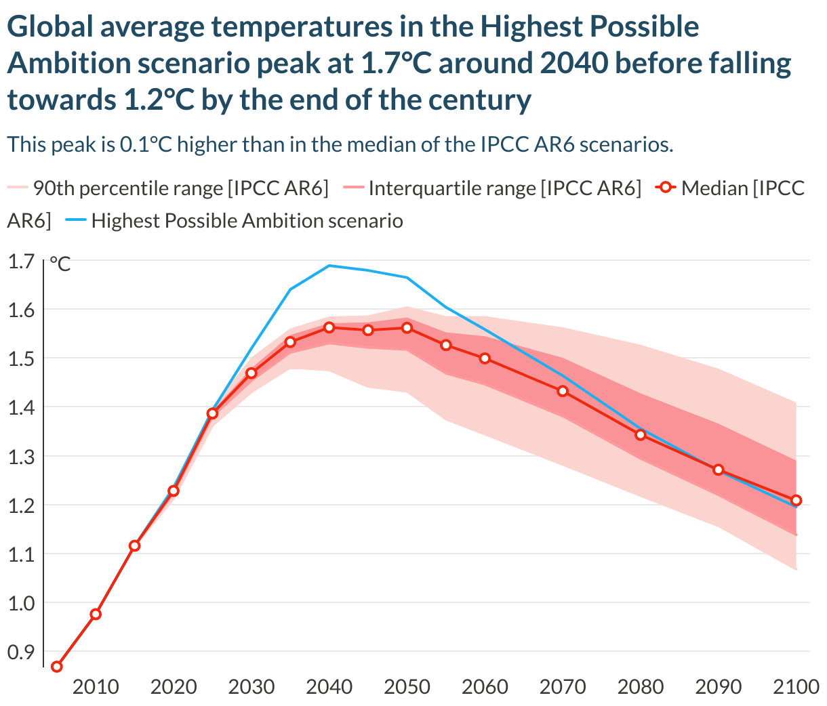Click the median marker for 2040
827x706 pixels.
click(x=329, y=327)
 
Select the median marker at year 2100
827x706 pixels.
click(x=796, y=501)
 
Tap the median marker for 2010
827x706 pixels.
click(x=96, y=614)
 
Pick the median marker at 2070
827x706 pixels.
click(x=563, y=391)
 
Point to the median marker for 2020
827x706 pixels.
click(x=174, y=491)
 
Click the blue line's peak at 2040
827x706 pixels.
click(x=329, y=266)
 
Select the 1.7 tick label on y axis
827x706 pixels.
click(x=21, y=261)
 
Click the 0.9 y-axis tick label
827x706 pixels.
click(x=21, y=652)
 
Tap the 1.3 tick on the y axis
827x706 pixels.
click(x=21, y=457)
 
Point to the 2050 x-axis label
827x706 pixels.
click(x=407, y=687)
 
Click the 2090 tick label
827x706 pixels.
click(x=719, y=687)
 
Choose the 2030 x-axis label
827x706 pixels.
click(x=251, y=687)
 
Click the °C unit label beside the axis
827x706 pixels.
click(x=60, y=264)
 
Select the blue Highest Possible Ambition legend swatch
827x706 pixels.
click(x=74, y=221)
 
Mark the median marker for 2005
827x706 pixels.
click(x=57, y=667)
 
